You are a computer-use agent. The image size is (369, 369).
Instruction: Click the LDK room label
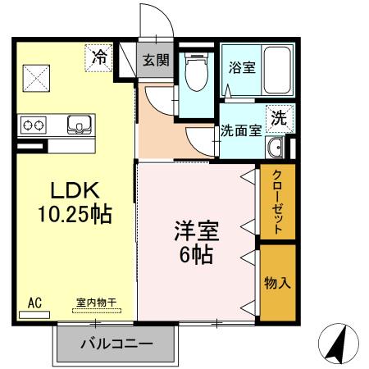[75, 190]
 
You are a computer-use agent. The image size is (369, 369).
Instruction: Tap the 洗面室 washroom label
[240, 130]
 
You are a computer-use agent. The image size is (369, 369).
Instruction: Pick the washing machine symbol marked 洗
[279, 116]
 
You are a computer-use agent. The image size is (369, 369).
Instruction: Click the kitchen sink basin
[80, 125]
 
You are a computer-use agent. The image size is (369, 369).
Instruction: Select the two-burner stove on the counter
[34, 125]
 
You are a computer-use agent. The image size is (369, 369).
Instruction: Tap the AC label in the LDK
[34, 302]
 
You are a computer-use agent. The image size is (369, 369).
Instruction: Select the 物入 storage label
[277, 282]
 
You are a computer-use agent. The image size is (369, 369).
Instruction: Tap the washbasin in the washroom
[276, 148]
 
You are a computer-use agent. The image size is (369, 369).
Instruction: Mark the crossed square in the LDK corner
[36, 79]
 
